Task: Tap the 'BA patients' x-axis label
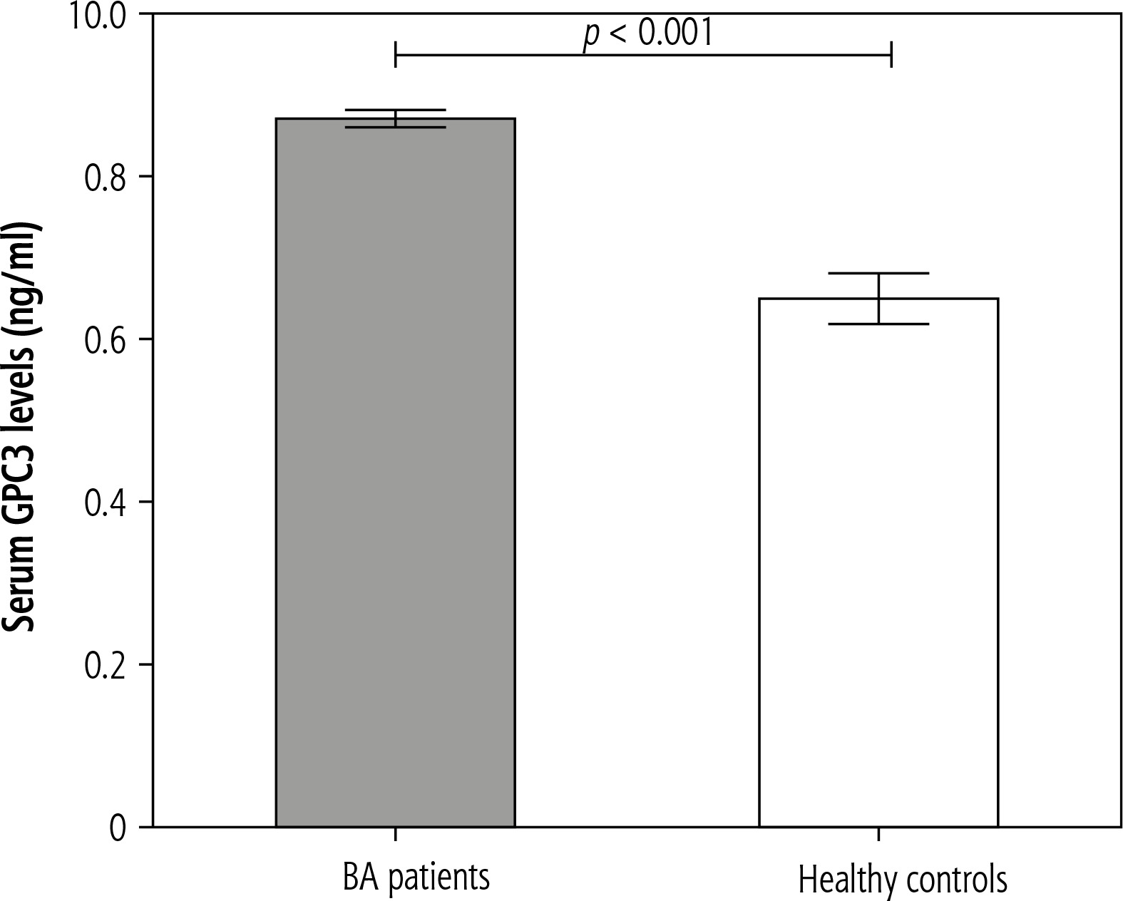coord(416,877)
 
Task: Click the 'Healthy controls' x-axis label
coord(903,880)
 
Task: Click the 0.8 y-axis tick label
coord(105,177)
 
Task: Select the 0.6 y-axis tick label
coord(105,340)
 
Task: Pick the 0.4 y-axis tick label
coord(105,503)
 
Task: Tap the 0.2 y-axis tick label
coord(105,665)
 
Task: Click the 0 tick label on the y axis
coord(118,828)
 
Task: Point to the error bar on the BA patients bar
coord(395,118)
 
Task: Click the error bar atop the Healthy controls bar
coord(878,298)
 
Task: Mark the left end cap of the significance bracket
coord(396,54)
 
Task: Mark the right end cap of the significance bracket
coord(891,54)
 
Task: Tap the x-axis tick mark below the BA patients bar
coord(395,834)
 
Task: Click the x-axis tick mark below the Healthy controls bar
coord(878,834)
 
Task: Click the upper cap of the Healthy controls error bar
coord(878,273)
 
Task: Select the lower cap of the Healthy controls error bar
coord(878,324)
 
